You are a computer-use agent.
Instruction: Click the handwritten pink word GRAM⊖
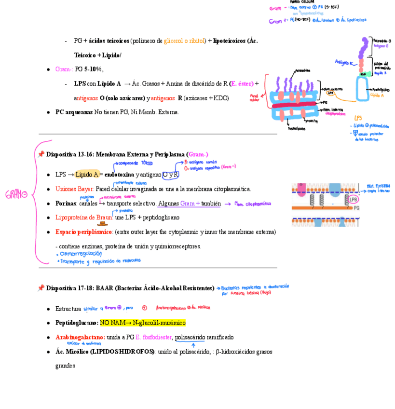[16, 195]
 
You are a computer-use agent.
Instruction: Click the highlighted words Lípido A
[87, 174]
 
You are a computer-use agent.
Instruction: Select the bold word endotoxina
[119, 174]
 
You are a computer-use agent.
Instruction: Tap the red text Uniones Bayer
[74, 189]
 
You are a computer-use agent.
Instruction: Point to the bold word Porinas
[66, 203]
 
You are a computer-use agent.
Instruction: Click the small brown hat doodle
[102, 223]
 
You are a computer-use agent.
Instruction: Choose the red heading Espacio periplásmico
[84, 232]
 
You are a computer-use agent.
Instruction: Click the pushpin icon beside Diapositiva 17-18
[41, 288]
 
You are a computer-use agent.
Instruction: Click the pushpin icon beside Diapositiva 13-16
[41, 154]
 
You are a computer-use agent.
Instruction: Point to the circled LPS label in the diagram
[330, 93]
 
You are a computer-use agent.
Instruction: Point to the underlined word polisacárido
[190, 337]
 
